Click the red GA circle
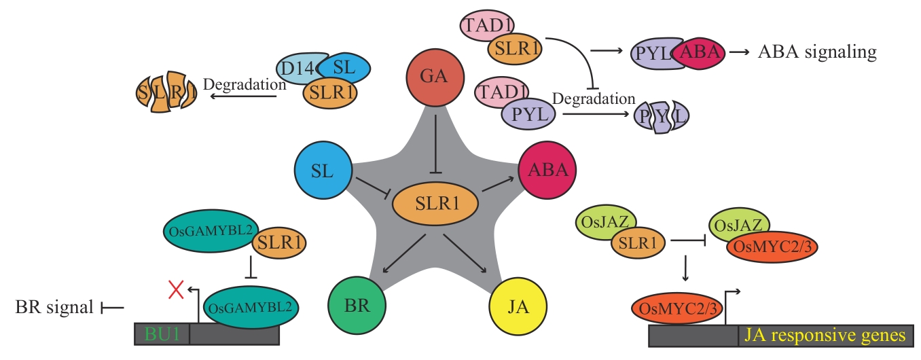tap(435, 81)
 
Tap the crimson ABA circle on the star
tap(547, 170)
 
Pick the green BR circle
tap(357, 305)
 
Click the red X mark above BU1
tap(177, 290)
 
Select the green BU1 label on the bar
tap(160, 334)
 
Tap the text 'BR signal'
tap(54, 308)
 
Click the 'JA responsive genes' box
tap(825, 336)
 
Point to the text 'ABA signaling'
tap(816, 52)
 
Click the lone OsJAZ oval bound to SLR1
tap(606, 221)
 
